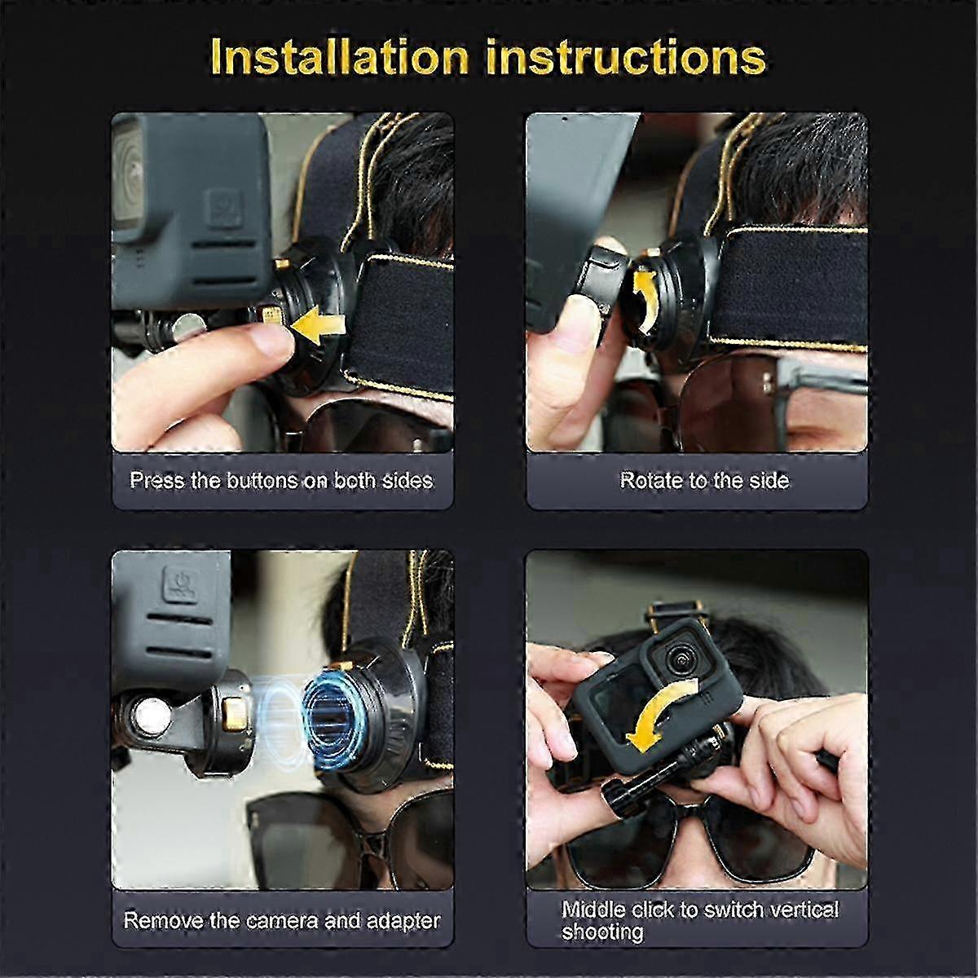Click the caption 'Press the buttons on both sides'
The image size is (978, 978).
(x=281, y=480)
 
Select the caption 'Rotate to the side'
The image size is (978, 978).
(x=704, y=480)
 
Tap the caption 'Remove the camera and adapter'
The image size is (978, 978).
(x=281, y=921)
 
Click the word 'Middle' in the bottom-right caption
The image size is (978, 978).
(x=593, y=910)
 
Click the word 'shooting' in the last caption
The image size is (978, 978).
(x=602, y=932)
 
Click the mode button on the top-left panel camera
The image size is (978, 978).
(x=221, y=207)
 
